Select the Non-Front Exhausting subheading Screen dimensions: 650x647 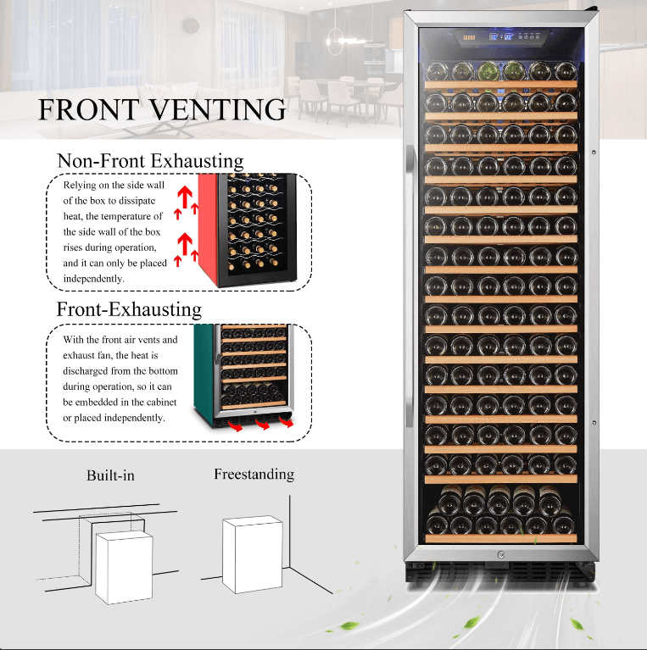[x=150, y=160]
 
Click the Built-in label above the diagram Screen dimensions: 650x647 [x=110, y=475]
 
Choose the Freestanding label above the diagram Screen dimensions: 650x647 [x=254, y=474]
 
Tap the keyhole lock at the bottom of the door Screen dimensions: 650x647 [x=500, y=555]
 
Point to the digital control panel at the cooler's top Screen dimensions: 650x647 [x=500, y=36]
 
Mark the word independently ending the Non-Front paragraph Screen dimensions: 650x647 [x=94, y=278]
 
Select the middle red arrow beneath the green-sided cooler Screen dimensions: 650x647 [x=262, y=423]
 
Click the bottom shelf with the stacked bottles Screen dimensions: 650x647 [x=500, y=513]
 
